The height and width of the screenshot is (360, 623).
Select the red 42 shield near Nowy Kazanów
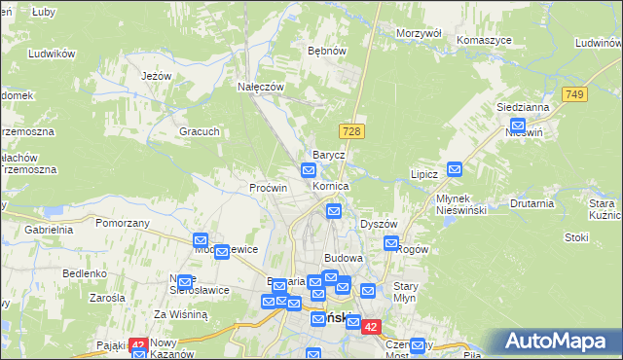137,345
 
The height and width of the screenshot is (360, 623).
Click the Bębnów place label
326,50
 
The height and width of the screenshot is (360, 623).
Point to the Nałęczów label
261,86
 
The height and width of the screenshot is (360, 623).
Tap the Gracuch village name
199,131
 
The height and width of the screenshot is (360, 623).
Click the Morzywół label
420,33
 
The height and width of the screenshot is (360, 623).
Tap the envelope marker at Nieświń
518,126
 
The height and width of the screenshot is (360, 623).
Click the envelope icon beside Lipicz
455,169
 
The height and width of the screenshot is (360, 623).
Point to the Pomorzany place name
123,223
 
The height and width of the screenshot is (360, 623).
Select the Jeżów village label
156,76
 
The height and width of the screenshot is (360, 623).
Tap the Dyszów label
379,223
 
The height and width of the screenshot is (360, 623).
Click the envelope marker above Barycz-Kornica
308,171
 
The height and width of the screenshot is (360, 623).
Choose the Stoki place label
576,236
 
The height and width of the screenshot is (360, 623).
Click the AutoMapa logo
559,342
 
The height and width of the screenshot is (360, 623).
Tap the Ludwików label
53,54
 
